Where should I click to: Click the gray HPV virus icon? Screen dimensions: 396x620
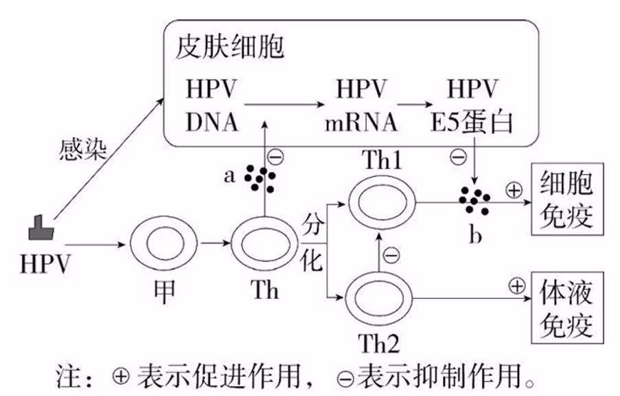coord(43,228)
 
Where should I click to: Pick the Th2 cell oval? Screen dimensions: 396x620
coord(379,298)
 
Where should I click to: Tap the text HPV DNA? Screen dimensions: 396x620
coord(211,106)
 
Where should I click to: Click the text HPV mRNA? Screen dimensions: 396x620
coord(362,106)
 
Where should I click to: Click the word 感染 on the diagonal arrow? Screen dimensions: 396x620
coord(81,148)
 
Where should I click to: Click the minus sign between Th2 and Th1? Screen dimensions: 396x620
coord(390,256)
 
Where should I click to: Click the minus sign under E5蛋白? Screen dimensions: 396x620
coord(458,157)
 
